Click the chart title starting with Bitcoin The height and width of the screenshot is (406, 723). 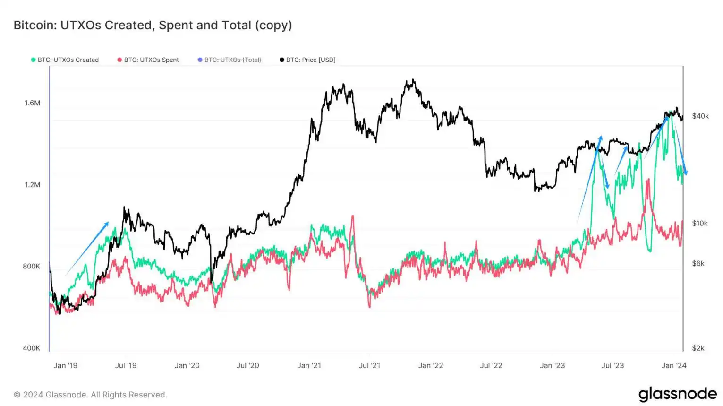(x=153, y=25)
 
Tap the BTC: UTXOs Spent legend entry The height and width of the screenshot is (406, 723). (x=148, y=60)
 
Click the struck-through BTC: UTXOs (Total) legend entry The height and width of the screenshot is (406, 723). (x=230, y=60)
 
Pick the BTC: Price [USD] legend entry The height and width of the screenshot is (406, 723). (x=307, y=60)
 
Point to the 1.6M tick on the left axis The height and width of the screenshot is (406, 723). (x=32, y=103)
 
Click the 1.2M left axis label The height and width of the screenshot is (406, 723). (x=32, y=185)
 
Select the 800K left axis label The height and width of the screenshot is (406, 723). (x=32, y=266)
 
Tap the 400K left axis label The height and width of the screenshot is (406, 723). (x=32, y=348)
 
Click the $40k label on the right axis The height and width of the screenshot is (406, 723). (x=700, y=116)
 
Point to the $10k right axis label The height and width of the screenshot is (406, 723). (x=700, y=223)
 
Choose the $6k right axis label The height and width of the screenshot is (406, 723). (x=698, y=263)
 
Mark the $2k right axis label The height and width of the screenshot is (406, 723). (x=698, y=348)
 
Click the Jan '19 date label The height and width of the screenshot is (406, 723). (x=66, y=365)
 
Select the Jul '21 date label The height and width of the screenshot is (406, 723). (x=369, y=365)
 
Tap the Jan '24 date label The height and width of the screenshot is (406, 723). (x=674, y=365)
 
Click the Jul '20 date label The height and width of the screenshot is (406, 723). (x=248, y=365)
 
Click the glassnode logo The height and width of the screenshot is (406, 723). (x=677, y=394)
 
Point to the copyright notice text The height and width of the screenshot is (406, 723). (x=90, y=395)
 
